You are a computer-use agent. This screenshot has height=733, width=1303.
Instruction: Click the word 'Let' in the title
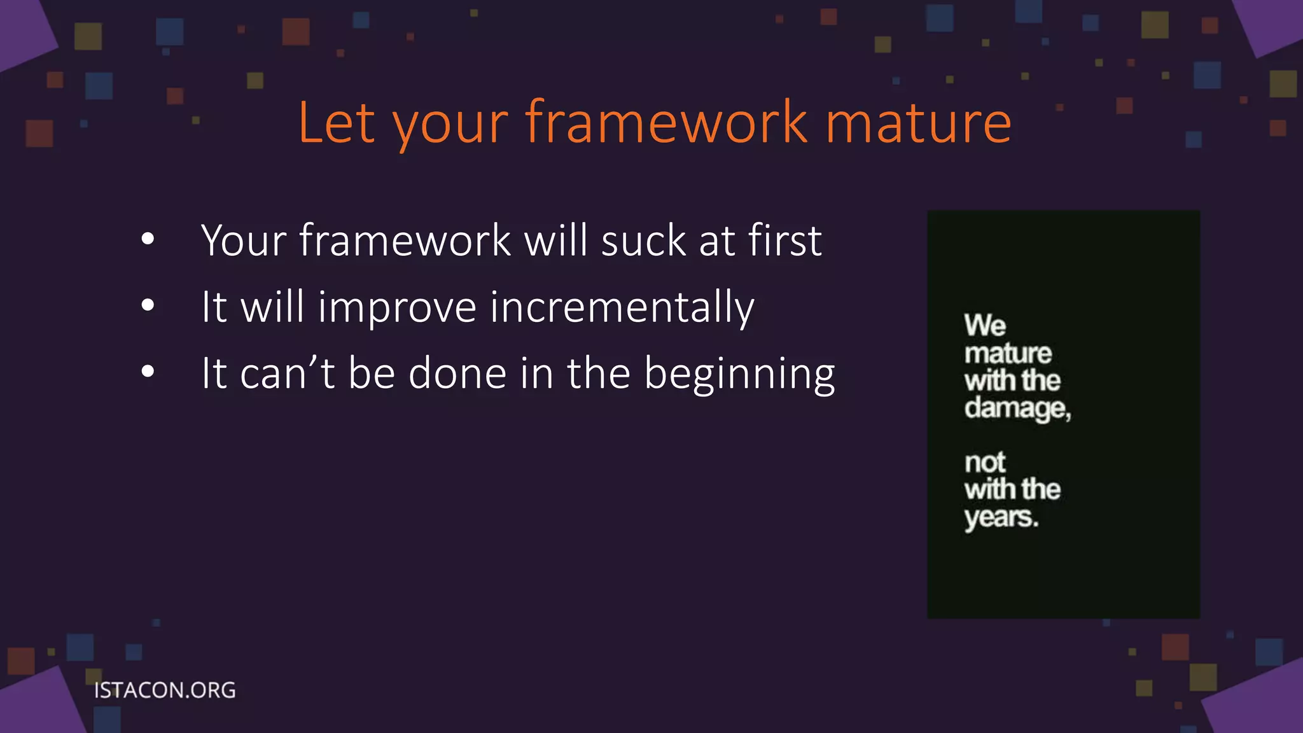pyautogui.click(x=337, y=122)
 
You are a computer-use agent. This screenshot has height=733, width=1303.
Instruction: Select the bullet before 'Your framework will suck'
pyautogui.click(x=148, y=240)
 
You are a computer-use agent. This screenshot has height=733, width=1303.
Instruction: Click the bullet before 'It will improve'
pyautogui.click(x=148, y=306)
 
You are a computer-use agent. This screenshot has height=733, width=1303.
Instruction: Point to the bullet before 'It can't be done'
pyautogui.click(x=148, y=372)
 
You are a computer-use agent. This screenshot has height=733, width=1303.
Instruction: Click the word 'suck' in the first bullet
pyautogui.click(x=643, y=241)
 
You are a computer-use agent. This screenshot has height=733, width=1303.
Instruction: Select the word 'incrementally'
pyautogui.click(x=622, y=307)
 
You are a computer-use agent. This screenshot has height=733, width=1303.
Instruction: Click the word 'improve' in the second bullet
pyautogui.click(x=397, y=307)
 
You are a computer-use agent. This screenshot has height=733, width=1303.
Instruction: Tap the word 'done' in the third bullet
pyautogui.click(x=457, y=373)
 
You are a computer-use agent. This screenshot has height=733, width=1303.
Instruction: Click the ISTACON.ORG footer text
pyautogui.click(x=165, y=690)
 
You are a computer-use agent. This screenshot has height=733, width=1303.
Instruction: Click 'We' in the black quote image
pyautogui.click(x=984, y=326)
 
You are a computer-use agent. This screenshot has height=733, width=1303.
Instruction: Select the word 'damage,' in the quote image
pyautogui.click(x=1017, y=408)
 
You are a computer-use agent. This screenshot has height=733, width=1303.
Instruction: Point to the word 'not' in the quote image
pyautogui.click(x=984, y=463)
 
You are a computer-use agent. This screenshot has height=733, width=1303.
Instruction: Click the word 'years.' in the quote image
pyautogui.click(x=1001, y=518)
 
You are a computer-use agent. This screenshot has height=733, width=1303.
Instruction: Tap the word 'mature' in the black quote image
pyautogui.click(x=1008, y=354)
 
